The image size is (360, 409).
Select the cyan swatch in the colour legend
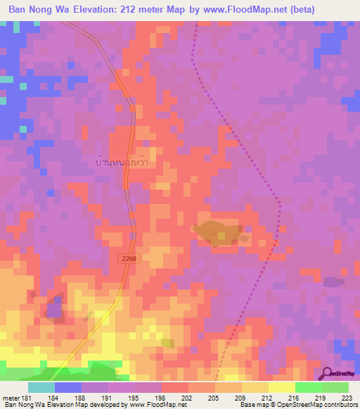pyautogui.click(x=41, y=387)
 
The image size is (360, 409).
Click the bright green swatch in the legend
pyautogui.click(x=308, y=387)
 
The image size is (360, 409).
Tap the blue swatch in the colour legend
pyautogui.click(x=68, y=387)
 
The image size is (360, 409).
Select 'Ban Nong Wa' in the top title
pyautogui.click(x=39, y=9)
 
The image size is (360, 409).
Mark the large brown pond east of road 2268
pyautogui.click(x=216, y=233)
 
